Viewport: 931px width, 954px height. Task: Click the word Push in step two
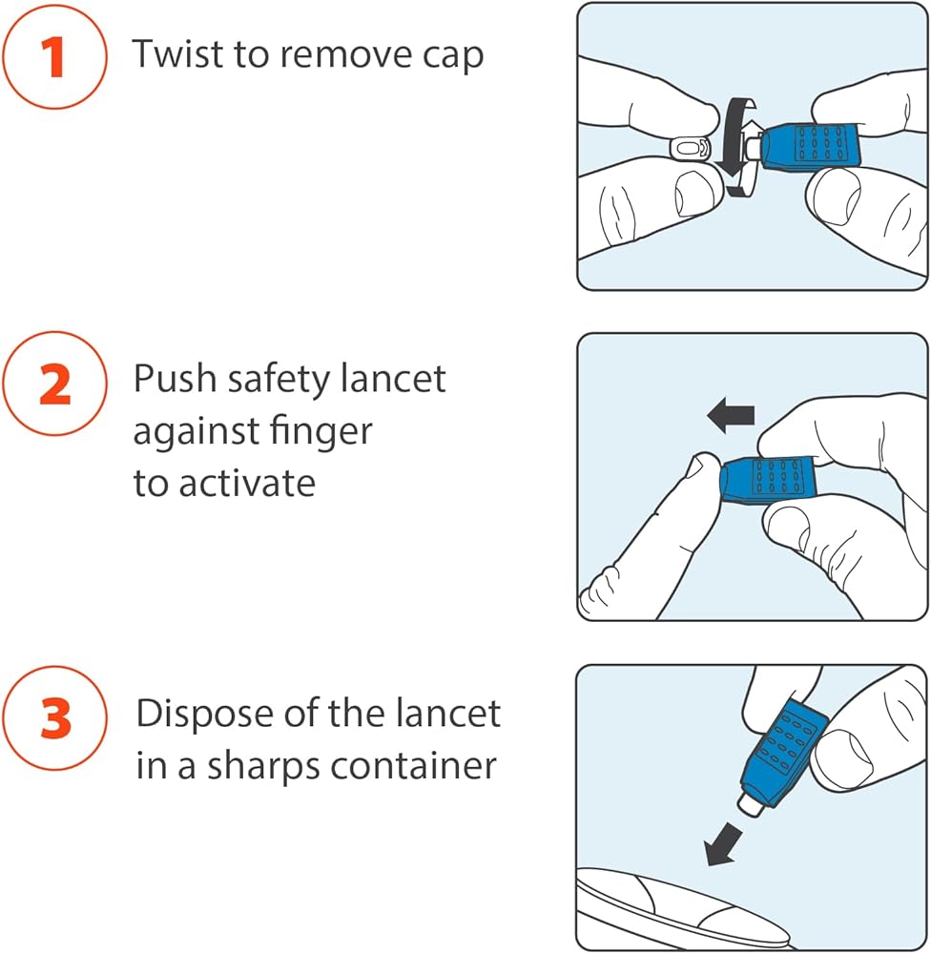point(175,379)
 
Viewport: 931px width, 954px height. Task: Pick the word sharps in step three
point(263,768)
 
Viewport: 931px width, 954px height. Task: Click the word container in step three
point(413,765)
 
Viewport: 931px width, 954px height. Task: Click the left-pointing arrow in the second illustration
point(731,415)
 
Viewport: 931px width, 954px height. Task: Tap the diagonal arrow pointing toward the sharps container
point(723,844)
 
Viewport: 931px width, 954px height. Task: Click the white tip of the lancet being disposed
point(750,803)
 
